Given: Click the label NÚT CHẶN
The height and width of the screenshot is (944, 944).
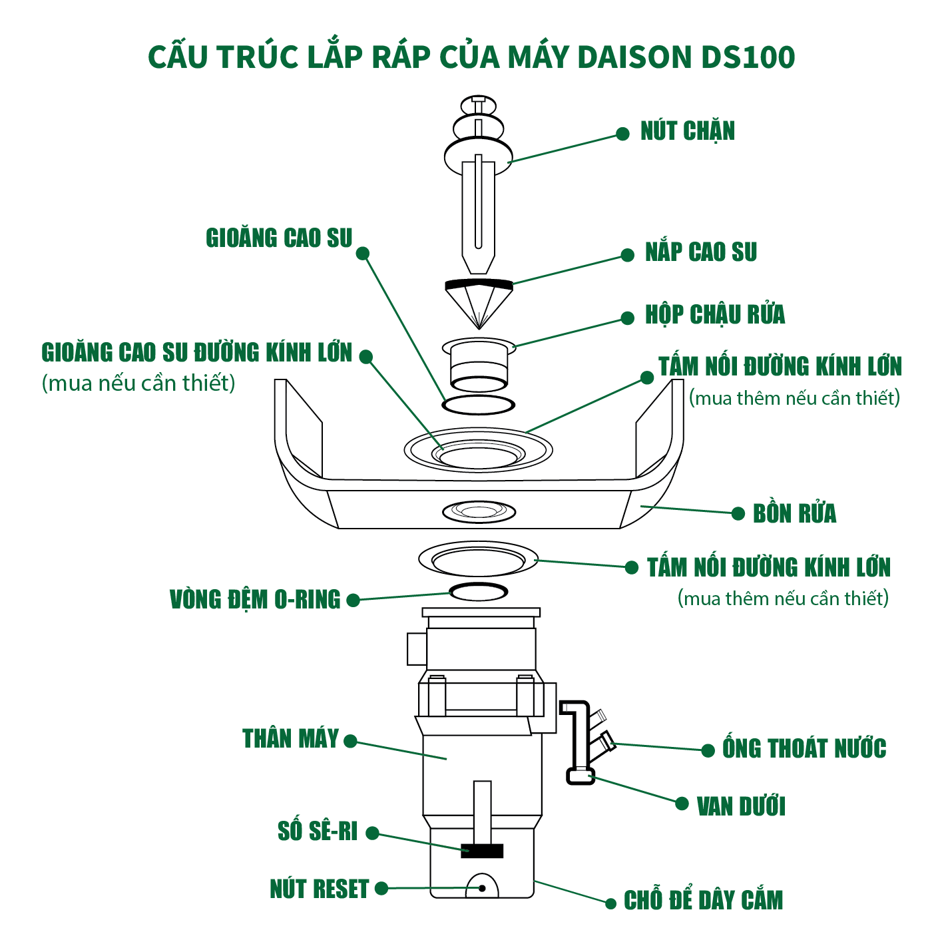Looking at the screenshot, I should (x=687, y=131).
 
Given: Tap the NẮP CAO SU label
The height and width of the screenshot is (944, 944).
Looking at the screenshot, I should (x=700, y=252).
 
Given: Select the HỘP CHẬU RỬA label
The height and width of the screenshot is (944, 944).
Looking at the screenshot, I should (x=714, y=315).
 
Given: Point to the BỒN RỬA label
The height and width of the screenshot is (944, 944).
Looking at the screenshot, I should (x=794, y=513).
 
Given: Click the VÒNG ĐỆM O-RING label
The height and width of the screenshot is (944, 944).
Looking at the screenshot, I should (x=255, y=599).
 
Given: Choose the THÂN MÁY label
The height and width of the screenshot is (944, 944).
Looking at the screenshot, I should (x=291, y=739).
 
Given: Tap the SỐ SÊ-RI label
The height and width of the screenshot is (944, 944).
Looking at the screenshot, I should (x=318, y=831).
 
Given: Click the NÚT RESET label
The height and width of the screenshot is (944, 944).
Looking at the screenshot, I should (x=319, y=889).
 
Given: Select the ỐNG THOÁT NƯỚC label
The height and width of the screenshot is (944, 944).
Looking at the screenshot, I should (x=804, y=749).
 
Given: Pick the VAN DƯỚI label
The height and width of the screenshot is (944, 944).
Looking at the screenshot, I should (x=740, y=806).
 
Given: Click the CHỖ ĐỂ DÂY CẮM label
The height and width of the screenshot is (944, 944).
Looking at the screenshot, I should (x=702, y=901).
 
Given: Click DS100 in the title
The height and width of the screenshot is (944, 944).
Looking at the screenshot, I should (x=748, y=57).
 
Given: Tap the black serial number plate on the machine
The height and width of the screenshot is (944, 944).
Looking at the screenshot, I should (x=482, y=850).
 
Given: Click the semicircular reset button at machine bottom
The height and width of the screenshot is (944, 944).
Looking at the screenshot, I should (x=482, y=887).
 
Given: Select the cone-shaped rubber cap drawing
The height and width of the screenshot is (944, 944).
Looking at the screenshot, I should (x=479, y=303).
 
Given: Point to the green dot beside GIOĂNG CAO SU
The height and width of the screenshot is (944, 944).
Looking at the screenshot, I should (x=363, y=253).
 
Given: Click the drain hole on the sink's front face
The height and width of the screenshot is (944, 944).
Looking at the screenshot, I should (x=479, y=511).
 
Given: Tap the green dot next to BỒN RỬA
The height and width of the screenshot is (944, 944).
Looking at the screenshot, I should (x=738, y=513).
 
